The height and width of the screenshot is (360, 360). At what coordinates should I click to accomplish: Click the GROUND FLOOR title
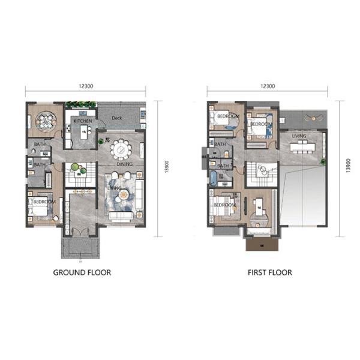(82, 272)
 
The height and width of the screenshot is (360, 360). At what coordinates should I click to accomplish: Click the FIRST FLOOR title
(270, 272)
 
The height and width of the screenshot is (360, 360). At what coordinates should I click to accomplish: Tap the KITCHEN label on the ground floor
(82, 121)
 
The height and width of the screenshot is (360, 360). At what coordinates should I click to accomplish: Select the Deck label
(116, 118)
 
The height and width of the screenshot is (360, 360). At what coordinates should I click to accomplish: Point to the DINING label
(124, 164)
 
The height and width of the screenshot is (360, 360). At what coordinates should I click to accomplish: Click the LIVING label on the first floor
(299, 136)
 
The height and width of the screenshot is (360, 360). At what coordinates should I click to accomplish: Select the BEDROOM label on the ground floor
(44, 202)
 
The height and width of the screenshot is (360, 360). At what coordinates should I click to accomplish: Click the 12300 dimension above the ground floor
(86, 86)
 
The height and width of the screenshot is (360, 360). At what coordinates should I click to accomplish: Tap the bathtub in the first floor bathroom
(213, 178)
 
